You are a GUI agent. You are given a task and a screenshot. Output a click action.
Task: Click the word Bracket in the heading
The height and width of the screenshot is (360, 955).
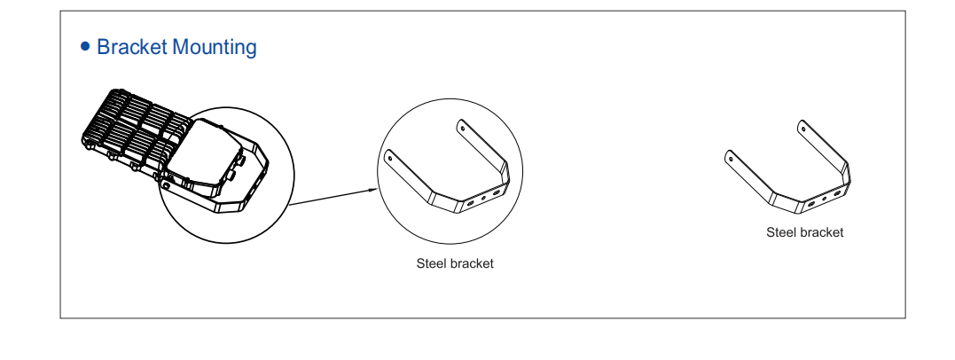coord(131,47)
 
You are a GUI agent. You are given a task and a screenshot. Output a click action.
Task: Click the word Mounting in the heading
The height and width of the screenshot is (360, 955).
coord(214,47)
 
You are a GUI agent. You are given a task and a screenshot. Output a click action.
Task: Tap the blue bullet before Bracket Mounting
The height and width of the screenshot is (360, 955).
coord(85,46)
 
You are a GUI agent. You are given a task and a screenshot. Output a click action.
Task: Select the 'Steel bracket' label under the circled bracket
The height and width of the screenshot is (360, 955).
coord(455,263)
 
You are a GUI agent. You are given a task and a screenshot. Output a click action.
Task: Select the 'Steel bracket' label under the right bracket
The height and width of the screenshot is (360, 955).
coord(804,232)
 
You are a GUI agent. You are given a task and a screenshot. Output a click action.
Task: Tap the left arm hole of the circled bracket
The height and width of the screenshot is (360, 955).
coord(389,154)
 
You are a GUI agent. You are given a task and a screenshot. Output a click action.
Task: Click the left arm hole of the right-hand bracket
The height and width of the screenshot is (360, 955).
coord(730,157)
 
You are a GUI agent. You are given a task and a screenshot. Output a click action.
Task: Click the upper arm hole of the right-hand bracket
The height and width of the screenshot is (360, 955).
coord(803,128)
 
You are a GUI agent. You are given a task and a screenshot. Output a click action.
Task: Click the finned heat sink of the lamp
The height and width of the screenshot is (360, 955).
coord(133,129)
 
